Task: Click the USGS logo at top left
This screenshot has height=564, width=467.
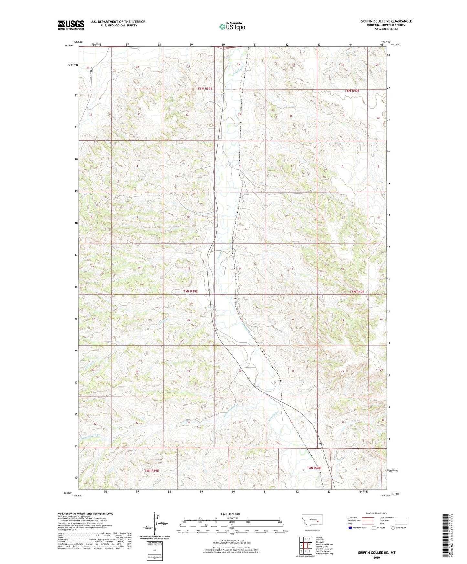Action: pyautogui.click(x=71, y=25)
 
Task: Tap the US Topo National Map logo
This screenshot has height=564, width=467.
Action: pyautogui.click(x=232, y=26)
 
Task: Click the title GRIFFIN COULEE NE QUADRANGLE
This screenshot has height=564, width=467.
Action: pyautogui.click(x=386, y=21)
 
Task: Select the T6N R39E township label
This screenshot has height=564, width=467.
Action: pyautogui.click(x=205, y=88)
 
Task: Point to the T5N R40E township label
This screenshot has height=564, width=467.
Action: pyautogui.click(x=357, y=292)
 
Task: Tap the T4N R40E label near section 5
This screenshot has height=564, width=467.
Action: pyautogui.click(x=314, y=468)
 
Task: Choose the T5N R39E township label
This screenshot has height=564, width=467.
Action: pyautogui.click(x=190, y=291)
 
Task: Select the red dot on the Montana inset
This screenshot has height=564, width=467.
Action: pyautogui.click(x=318, y=521)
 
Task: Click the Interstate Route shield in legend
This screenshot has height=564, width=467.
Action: pyautogui.click(x=350, y=528)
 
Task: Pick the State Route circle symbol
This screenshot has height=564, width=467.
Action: pyautogui.click(x=393, y=528)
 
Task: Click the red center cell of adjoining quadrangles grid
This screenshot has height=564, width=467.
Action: pyautogui.click(x=305, y=545)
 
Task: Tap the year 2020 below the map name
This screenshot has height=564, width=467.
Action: pyautogui.click(x=376, y=558)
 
